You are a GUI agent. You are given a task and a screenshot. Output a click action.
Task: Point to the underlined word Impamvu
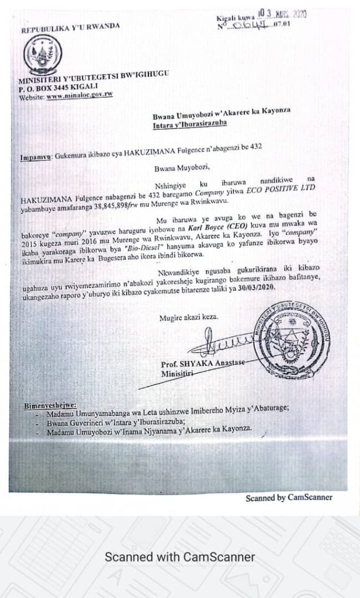(34, 157)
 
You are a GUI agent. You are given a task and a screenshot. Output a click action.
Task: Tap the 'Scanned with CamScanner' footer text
(180, 557)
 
